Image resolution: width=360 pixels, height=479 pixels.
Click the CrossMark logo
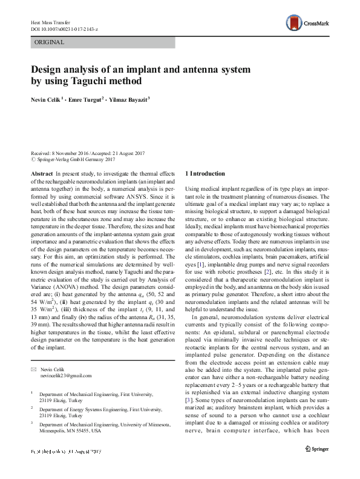pos(307,24)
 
